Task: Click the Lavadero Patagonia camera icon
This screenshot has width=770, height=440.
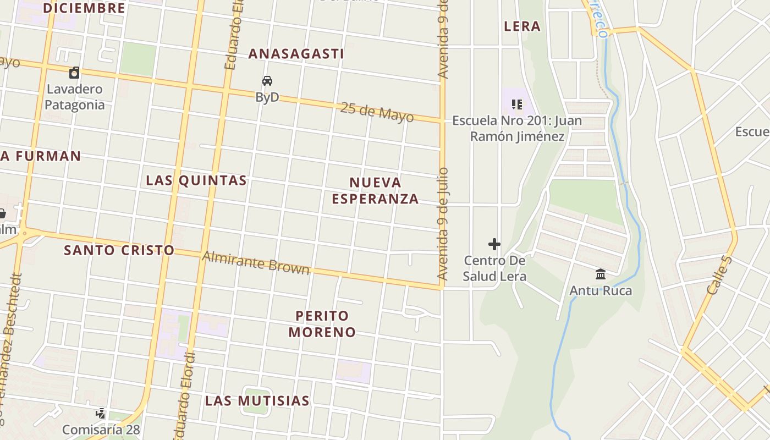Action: [x=74, y=72]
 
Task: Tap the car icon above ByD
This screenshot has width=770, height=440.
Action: [x=267, y=81]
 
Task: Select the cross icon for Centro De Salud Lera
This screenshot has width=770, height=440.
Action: [x=494, y=244]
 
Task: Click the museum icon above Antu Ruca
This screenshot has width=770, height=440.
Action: [x=601, y=273]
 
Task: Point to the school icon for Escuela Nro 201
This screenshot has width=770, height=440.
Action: [x=516, y=104]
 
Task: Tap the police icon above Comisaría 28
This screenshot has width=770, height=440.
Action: [x=101, y=413]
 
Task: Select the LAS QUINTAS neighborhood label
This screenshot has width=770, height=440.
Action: [x=196, y=180]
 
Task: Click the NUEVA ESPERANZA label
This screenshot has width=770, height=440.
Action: [x=376, y=190]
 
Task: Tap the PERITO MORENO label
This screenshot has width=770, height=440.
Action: [x=322, y=324]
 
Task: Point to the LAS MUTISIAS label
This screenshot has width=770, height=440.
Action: [x=257, y=401]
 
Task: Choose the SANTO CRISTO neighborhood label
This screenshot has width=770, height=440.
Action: [x=119, y=250]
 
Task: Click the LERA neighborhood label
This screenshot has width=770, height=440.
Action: [x=522, y=26]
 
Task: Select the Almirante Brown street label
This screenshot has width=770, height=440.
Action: [x=256, y=262]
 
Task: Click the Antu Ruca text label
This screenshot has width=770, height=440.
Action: [x=601, y=290]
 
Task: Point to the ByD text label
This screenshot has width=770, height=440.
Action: [x=267, y=97]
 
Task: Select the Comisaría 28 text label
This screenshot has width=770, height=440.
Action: [x=101, y=430]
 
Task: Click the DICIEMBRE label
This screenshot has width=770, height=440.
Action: [x=84, y=8]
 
